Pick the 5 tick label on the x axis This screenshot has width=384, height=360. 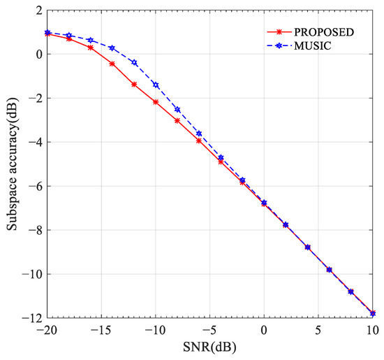318,329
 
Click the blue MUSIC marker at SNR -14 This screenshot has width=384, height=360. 112,48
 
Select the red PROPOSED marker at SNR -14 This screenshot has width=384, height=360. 112,64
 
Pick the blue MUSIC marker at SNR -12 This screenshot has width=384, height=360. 134,62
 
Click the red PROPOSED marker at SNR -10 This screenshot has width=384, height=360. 156,102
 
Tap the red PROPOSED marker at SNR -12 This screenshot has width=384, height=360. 134,85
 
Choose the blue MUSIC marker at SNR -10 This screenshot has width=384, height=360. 156,85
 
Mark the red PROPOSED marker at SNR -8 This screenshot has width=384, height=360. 177,121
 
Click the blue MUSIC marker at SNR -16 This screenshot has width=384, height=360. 91,40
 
